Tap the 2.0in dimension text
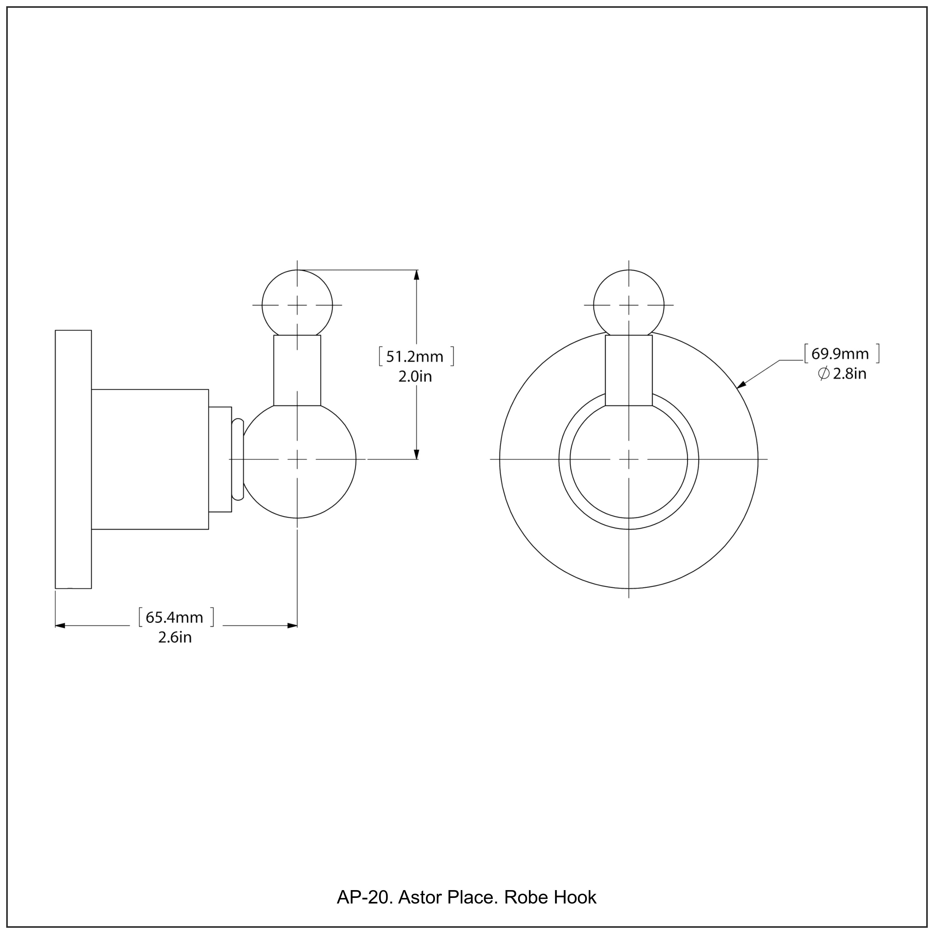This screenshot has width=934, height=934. tap(415, 377)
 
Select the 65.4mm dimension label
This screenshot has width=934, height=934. tap(175, 617)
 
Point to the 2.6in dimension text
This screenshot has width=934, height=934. tap(175, 638)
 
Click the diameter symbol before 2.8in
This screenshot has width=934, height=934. tap(824, 374)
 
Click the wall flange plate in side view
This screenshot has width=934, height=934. tap(73, 459)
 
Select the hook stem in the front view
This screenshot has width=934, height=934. tap(629, 370)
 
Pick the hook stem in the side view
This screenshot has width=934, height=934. tap(297, 370)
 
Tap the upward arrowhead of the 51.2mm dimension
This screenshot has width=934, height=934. tap(416, 275)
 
